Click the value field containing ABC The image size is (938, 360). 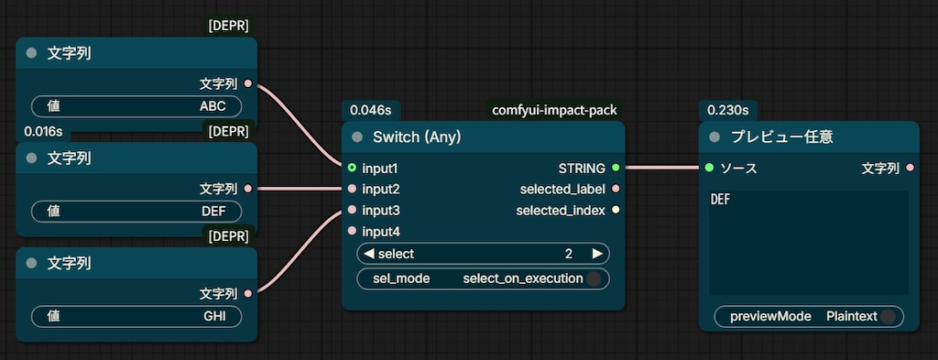pyautogui.click(x=136, y=106)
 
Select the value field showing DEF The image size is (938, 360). pyautogui.click(x=136, y=211)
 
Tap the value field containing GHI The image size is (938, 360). pyautogui.click(x=136, y=316)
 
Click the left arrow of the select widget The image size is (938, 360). pyautogui.click(x=369, y=254)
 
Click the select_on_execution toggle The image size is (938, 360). pyautogui.click(x=594, y=278)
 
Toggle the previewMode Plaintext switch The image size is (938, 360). pyautogui.click(x=888, y=316)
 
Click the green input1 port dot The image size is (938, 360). pyautogui.click(x=352, y=168)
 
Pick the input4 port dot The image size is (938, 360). pyautogui.click(x=352, y=231)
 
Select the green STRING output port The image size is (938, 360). pyautogui.click(x=616, y=168)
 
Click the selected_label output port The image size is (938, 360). pyautogui.click(x=616, y=189)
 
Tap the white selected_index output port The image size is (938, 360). pyautogui.click(x=616, y=210)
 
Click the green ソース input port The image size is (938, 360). pyautogui.click(x=710, y=168)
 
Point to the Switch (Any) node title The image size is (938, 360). pyautogui.click(x=417, y=136)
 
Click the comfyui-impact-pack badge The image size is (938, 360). pyautogui.click(x=554, y=110)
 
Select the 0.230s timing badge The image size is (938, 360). pyautogui.click(x=728, y=110)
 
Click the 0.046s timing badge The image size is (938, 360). pyautogui.click(x=371, y=110)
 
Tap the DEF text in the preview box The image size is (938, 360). pyautogui.click(x=720, y=200)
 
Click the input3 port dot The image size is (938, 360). pyautogui.click(x=352, y=210)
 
